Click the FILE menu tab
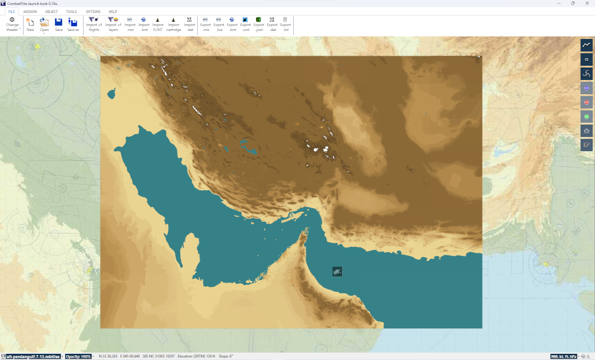(x=12, y=12)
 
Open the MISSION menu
(x=30, y=12)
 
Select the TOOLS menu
(x=72, y=12)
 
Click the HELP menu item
(x=113, y=12)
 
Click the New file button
(x=30, y=24)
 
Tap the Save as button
(x=73, y=24)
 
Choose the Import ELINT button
(x=157, y=24)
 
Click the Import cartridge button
(x=174, y=24)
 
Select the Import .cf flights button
(x=94, y=24)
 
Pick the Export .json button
(x=258, y=24)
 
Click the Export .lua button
(x=219, y=24)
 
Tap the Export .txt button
(x=286, y=24)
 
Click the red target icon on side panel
(x=586, y=102)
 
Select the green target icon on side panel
(x=586, y=116)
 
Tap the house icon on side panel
(x=586, y=131)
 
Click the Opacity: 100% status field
(x=79, y=356)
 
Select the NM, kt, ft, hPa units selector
(x=564, y=356)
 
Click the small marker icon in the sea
(x=337, y=271)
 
